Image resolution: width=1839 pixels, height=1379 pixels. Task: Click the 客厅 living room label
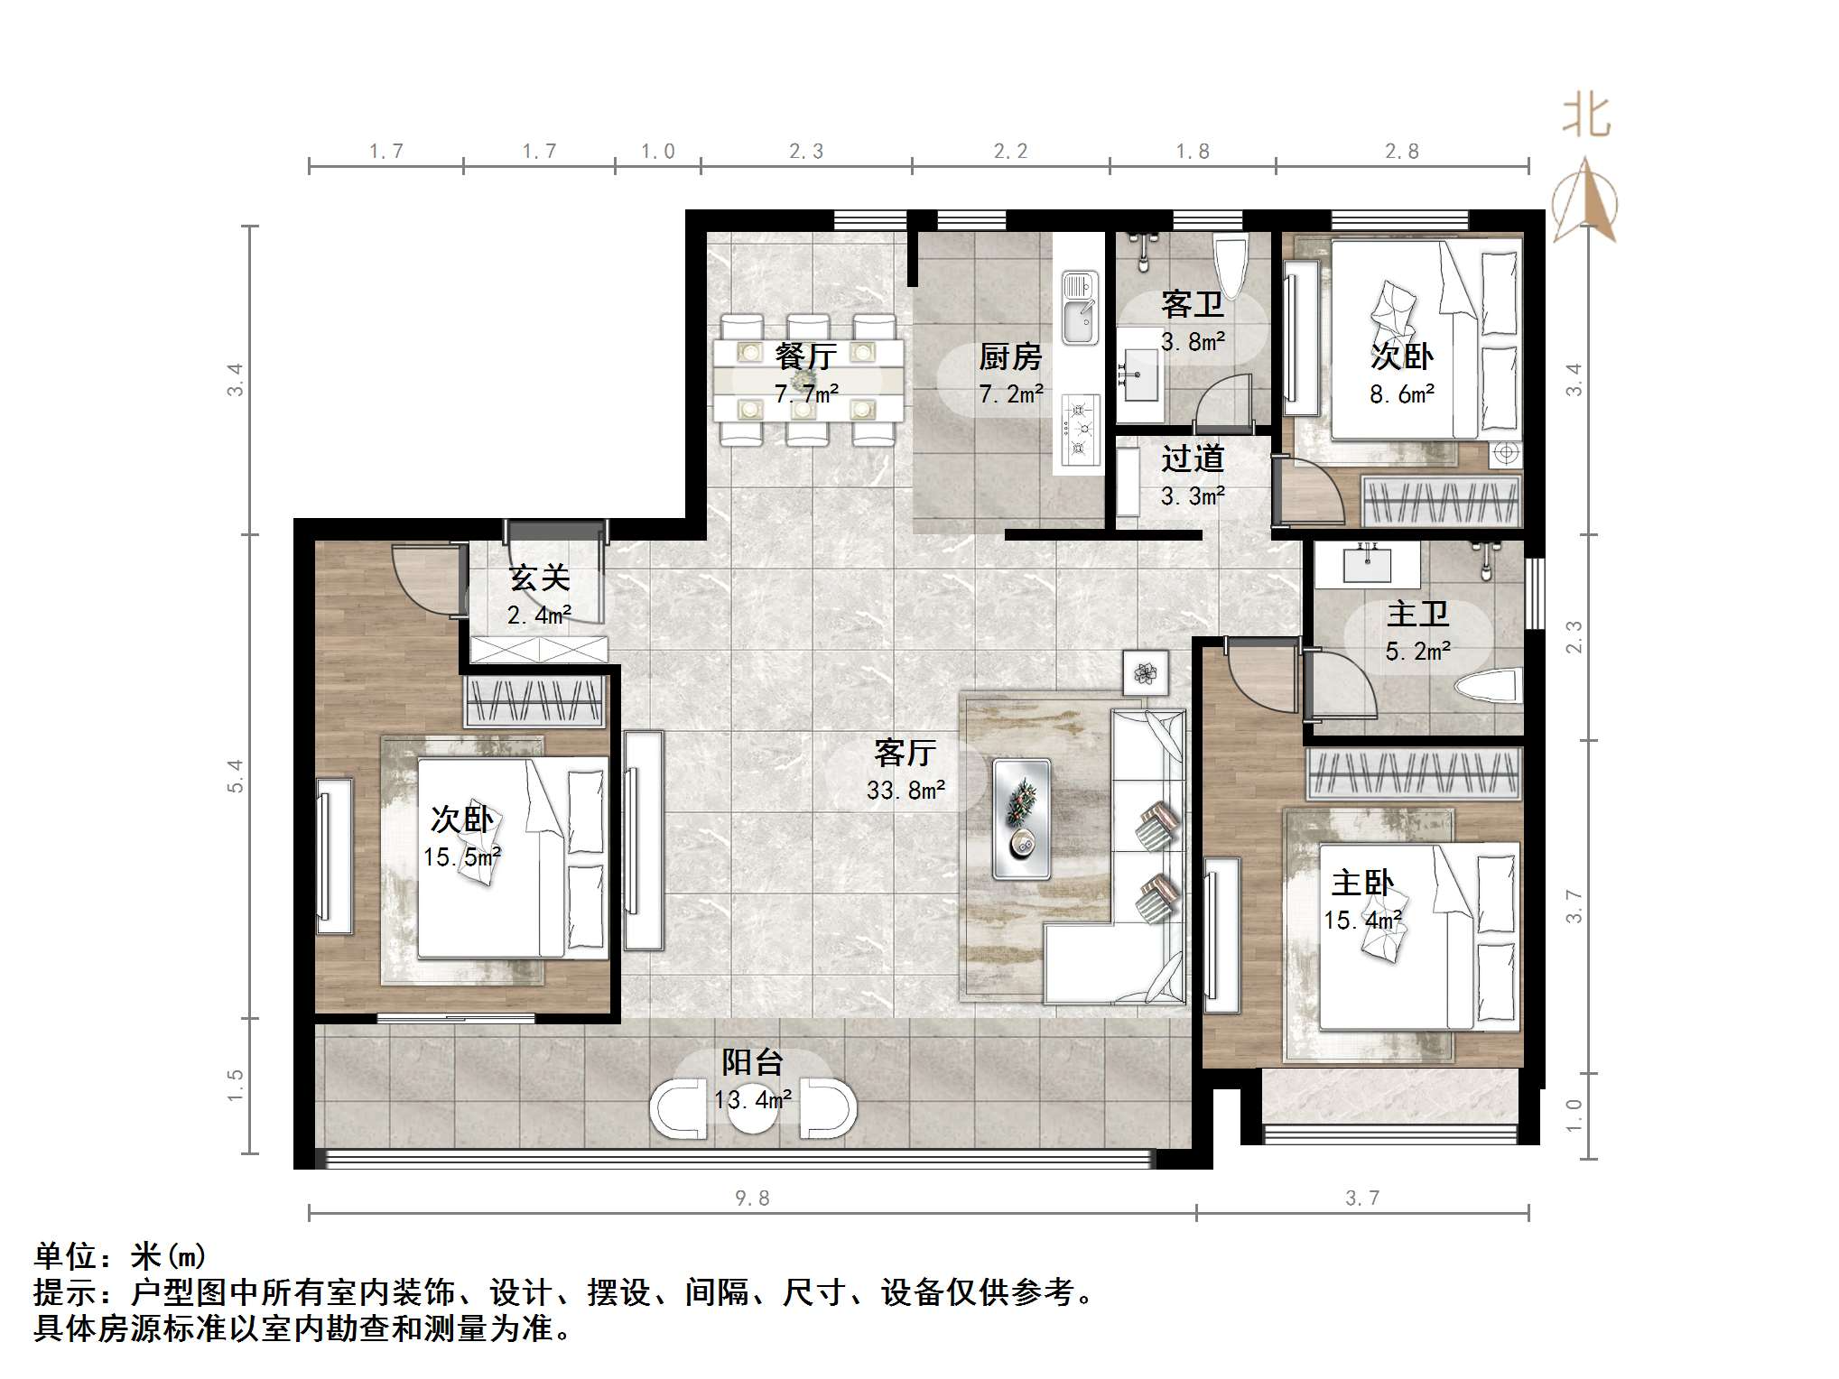(x=905, y=752)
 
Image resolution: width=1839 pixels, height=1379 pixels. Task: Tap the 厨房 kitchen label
(x=1010, y=357)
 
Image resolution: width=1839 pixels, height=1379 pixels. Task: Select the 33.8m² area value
(x=906, y=791)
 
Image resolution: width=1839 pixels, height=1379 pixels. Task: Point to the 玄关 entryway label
(x=539, y=578)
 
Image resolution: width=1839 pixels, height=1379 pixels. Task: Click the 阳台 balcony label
(x=752, y=1062)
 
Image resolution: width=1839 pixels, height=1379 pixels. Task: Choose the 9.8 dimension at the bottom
(x=752, y=1198)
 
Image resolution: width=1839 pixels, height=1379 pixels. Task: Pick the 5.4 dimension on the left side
(x=235, y=776)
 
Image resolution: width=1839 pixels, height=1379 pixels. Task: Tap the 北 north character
(x=1586, y=116)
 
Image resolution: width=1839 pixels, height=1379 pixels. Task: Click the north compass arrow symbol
(x=1585, y=200)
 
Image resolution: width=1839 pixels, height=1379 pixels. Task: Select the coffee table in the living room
(x=1021, y=819)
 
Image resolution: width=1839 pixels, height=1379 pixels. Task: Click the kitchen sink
(x=1080, y=308)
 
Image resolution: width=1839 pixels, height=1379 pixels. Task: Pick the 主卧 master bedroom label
(x=1362, y=883)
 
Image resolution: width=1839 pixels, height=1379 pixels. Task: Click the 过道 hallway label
(x=1193, y=458)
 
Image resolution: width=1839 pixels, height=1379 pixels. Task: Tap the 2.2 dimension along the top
(x=1010, y=151)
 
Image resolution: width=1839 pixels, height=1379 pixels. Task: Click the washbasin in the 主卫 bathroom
(x=1367, y=564)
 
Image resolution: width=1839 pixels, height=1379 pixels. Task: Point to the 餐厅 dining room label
(x=806, y=356)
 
